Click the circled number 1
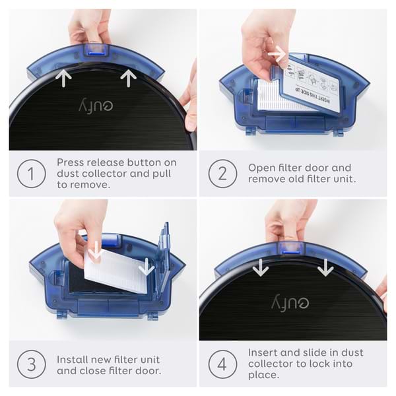click(x=32, y=174)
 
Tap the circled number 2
click(x=222, y=174)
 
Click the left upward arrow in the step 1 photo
click(x=63, y=79)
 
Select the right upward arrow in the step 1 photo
click(x=128, y=79)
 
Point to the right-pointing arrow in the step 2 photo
click(x=278, y=52)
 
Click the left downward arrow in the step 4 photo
click(x=261, y=267)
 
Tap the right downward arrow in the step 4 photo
click(x=325, y=267)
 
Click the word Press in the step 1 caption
click(x=71, y=162)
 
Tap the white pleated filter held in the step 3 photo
click(x=115, y=271)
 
